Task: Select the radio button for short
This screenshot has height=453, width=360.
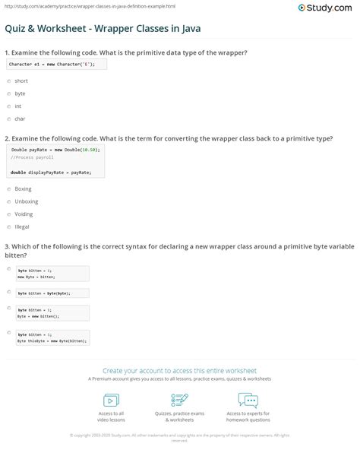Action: (x=8, y=81)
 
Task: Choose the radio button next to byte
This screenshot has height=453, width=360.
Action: (x=8, y=93)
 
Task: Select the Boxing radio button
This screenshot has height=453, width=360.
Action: (x=8, y=188)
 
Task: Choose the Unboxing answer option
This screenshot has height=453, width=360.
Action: (x=8, y=201)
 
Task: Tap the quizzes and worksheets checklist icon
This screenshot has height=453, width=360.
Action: (x=180, y=400)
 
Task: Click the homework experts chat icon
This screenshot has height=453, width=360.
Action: (x=248, y=400)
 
